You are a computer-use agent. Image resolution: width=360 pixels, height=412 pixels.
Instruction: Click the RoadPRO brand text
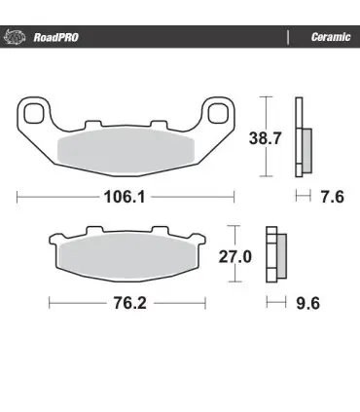55,37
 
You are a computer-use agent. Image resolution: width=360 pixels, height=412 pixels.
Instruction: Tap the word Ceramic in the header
331,37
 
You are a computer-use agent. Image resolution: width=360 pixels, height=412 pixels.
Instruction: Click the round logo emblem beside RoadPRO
15,37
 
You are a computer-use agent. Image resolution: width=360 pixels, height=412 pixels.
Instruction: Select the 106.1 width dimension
125,197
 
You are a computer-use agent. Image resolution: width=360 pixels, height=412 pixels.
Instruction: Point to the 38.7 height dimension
265,138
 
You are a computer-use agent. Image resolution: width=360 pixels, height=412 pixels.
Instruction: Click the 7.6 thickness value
332,197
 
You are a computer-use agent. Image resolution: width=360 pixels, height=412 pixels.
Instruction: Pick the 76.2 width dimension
129,303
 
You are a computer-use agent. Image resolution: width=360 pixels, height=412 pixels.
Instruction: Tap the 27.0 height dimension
234,257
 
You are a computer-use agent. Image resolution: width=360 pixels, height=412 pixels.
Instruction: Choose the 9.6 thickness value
307,303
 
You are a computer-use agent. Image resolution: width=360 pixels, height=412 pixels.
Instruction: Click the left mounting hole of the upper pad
34,114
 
